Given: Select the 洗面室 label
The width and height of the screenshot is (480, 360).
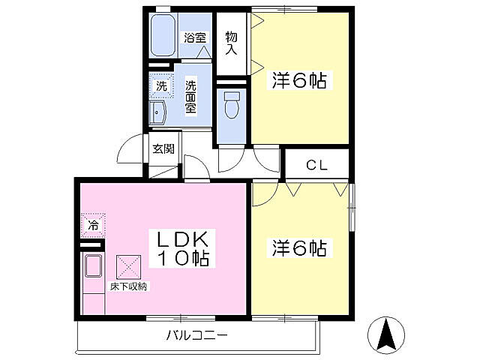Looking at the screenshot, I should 191,97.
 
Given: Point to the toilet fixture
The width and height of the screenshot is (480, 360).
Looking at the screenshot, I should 232,105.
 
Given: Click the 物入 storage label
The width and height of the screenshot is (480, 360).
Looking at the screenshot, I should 232,43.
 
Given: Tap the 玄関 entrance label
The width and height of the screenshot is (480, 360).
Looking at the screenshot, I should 163,148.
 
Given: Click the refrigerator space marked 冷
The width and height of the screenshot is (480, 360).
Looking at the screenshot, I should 93,224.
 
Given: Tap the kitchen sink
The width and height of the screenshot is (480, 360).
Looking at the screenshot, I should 93,266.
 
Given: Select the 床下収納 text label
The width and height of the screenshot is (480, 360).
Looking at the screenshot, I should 129,286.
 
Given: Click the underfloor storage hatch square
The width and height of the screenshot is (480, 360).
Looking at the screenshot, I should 128,265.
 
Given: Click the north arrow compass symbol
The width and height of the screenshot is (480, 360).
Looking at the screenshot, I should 387,334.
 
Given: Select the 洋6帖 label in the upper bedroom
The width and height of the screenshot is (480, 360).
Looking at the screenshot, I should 300,81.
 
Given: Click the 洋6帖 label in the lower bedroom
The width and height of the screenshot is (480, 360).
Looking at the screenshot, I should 300,247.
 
